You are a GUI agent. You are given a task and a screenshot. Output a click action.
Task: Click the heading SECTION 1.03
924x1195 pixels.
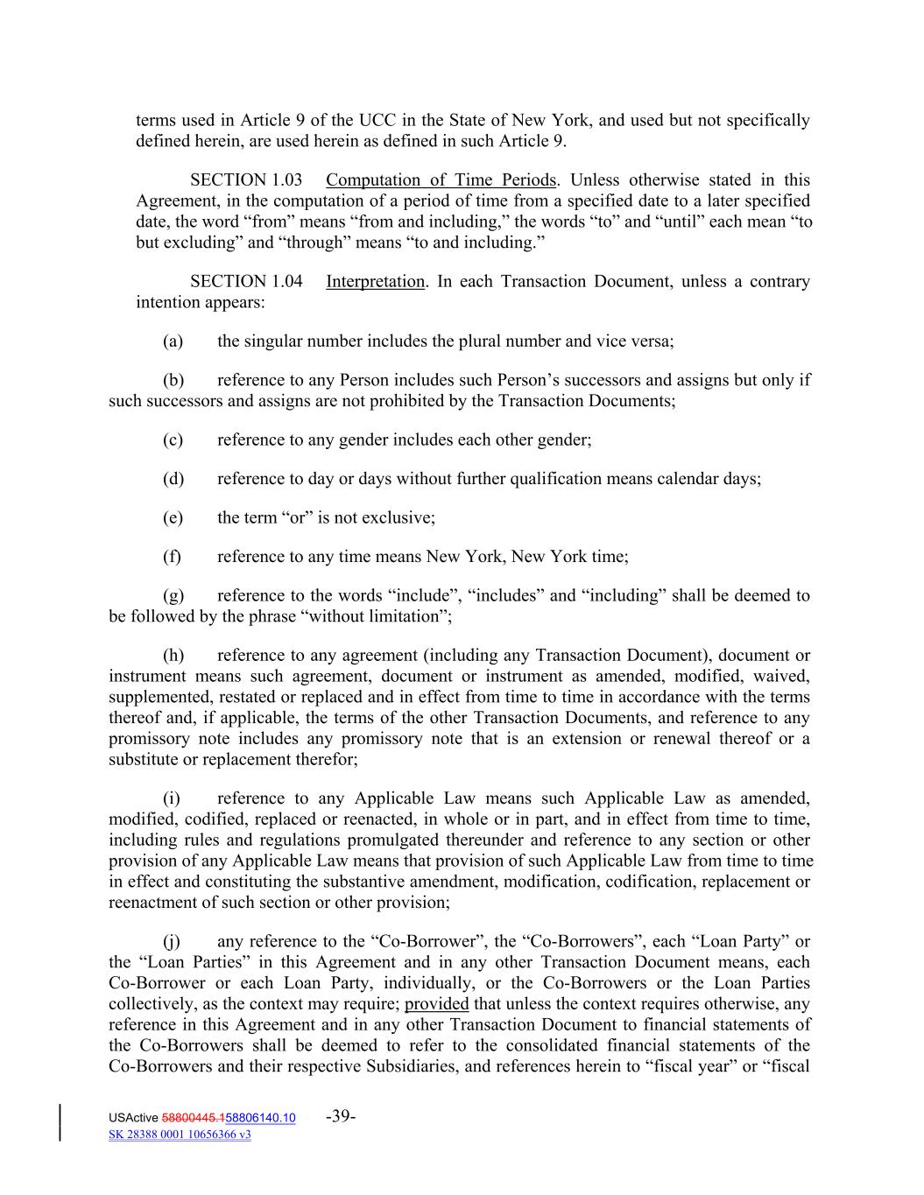(246, 180)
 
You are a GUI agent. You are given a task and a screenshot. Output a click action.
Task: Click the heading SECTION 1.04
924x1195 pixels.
(246, 282)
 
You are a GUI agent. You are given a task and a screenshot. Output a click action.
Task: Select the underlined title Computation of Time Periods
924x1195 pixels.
(441, 180)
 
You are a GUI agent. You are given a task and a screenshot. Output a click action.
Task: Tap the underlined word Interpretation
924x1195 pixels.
(375, 282)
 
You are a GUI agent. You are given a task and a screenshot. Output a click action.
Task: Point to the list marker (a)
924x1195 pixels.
(173, 341)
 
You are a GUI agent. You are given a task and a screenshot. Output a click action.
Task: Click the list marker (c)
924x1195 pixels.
(173, 439)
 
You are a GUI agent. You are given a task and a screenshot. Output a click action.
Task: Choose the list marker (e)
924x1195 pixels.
(173, 517)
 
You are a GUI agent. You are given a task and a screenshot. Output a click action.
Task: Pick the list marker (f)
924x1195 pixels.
(173, 557)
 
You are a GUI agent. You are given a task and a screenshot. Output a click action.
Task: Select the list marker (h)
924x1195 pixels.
(173, 656)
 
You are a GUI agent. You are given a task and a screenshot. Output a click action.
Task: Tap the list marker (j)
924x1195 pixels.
(172, 942)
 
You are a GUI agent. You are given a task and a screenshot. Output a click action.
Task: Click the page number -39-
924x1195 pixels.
(340, 1116)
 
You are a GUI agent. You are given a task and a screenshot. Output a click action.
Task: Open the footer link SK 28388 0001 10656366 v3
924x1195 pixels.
(180, 1135)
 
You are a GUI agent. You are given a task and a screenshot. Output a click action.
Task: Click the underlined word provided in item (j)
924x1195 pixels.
(436, 1004)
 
